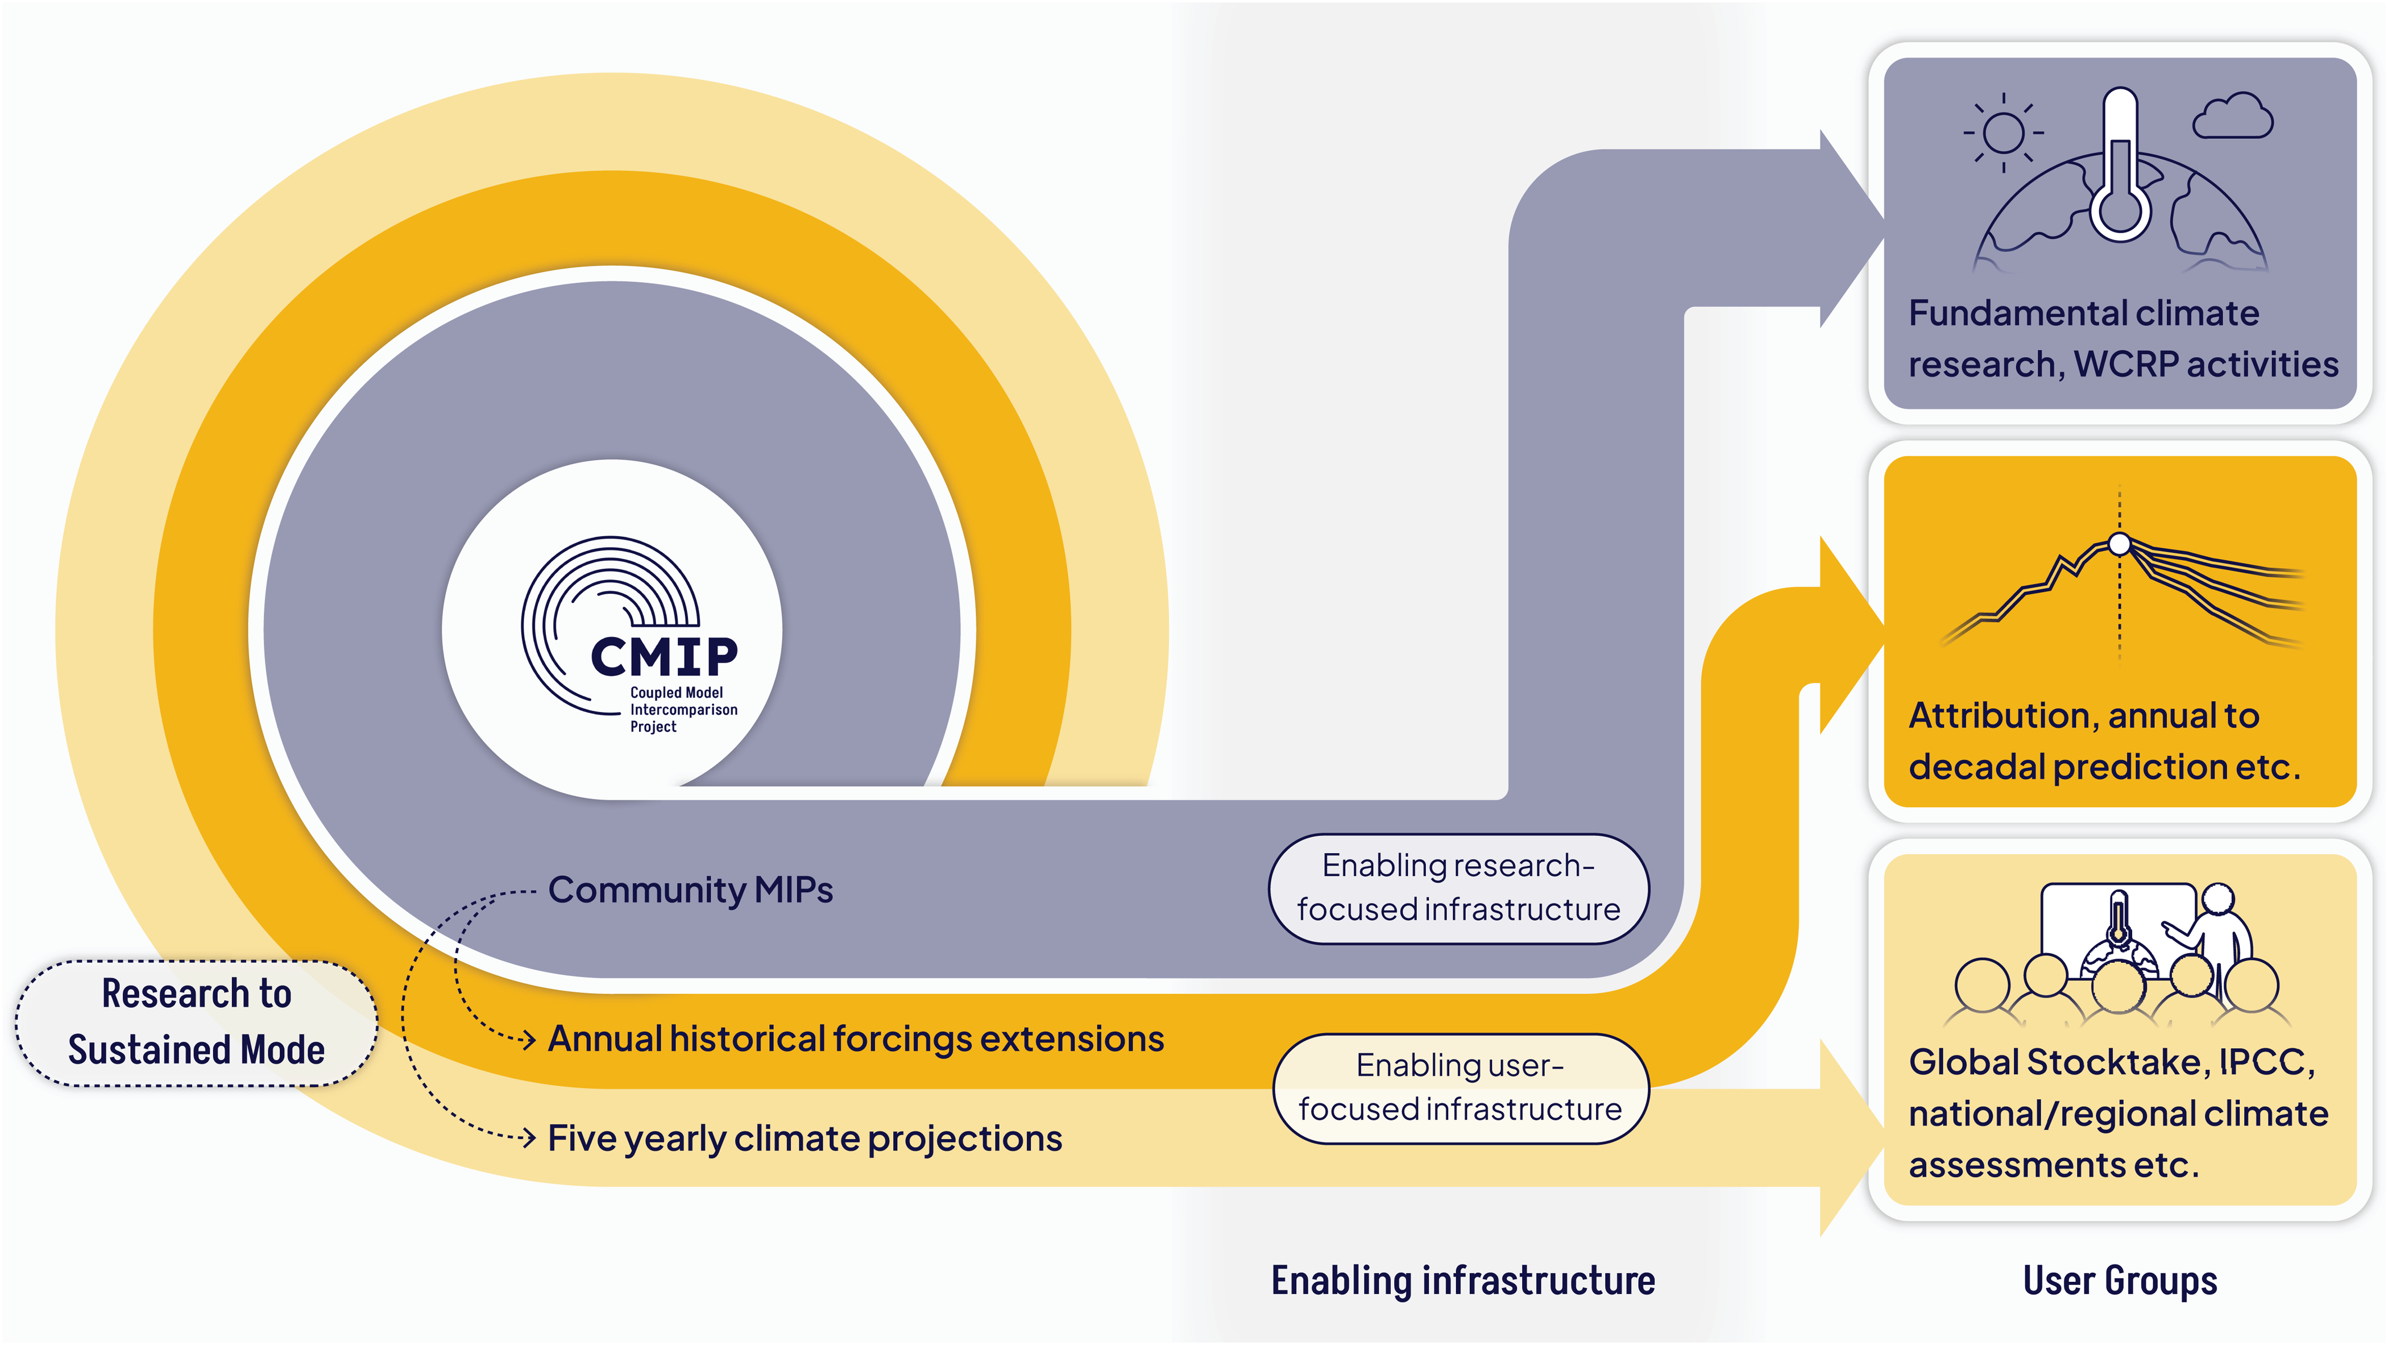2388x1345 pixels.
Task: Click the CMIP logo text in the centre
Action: point(664,656)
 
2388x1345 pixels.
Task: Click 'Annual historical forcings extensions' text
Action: point(855,1039)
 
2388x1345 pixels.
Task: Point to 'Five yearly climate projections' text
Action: point(805,1139)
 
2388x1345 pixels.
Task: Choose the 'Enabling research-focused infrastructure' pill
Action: point(1458,888)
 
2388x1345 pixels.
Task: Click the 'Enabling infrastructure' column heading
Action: point(1462,1281)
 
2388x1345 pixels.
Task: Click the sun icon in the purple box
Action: point(2003,133)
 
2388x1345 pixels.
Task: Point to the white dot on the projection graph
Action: point(2119,544)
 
